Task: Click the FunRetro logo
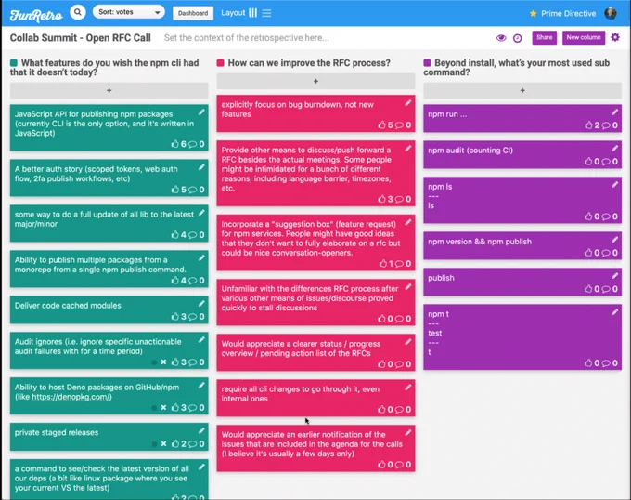[36, 15]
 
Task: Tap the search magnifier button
[78, 12]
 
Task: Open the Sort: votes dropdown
[129, 12]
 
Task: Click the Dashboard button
[193, 13]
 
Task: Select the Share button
[544, 37]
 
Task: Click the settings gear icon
[615, 37]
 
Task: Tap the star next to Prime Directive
[534, 13]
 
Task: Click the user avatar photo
[611, 13]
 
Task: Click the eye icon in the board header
[501, 38]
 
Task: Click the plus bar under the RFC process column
[315, 82]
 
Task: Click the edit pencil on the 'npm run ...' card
[614, 112]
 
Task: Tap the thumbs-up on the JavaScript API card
[174, 144]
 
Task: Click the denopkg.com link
[71, 397]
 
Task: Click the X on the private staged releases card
[163, 443]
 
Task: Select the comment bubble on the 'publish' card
[605, 289]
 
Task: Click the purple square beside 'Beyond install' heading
[427, 63]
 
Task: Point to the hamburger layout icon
[266, 13]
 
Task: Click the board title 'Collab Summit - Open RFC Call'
[81, 38]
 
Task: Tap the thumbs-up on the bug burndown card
[381, 125]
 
